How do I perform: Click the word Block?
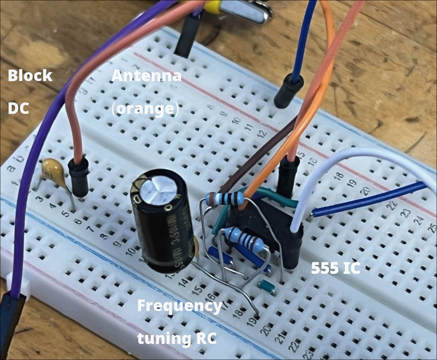(x=30, y=76)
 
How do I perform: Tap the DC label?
(x=18, y=109)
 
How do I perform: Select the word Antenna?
(x=146, y=76)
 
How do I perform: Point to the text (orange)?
(x=145, y=109)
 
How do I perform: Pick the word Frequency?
(x=179, y=305)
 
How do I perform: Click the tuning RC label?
(x=176, y=338)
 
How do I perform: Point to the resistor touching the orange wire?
(x=227, y=199)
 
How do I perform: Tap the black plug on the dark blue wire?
(x=289, y=89)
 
